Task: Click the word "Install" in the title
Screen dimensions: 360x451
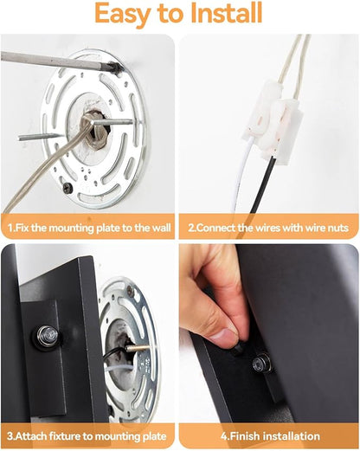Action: (x=227, y=13)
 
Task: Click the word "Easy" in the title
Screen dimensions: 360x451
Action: (x=123, y=15)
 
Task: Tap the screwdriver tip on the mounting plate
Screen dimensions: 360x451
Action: (x=117, y=68)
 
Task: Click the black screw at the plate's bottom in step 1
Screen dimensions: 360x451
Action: (x=67, y=188)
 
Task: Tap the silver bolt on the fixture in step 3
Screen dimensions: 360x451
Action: (x=48, y=336)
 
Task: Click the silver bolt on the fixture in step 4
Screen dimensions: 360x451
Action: (x=260, y=363)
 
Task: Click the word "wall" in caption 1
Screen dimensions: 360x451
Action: (x=161, y=228)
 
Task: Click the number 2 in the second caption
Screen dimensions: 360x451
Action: (x=191, y=228)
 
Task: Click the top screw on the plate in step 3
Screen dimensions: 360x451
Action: (x=131, y=289)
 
